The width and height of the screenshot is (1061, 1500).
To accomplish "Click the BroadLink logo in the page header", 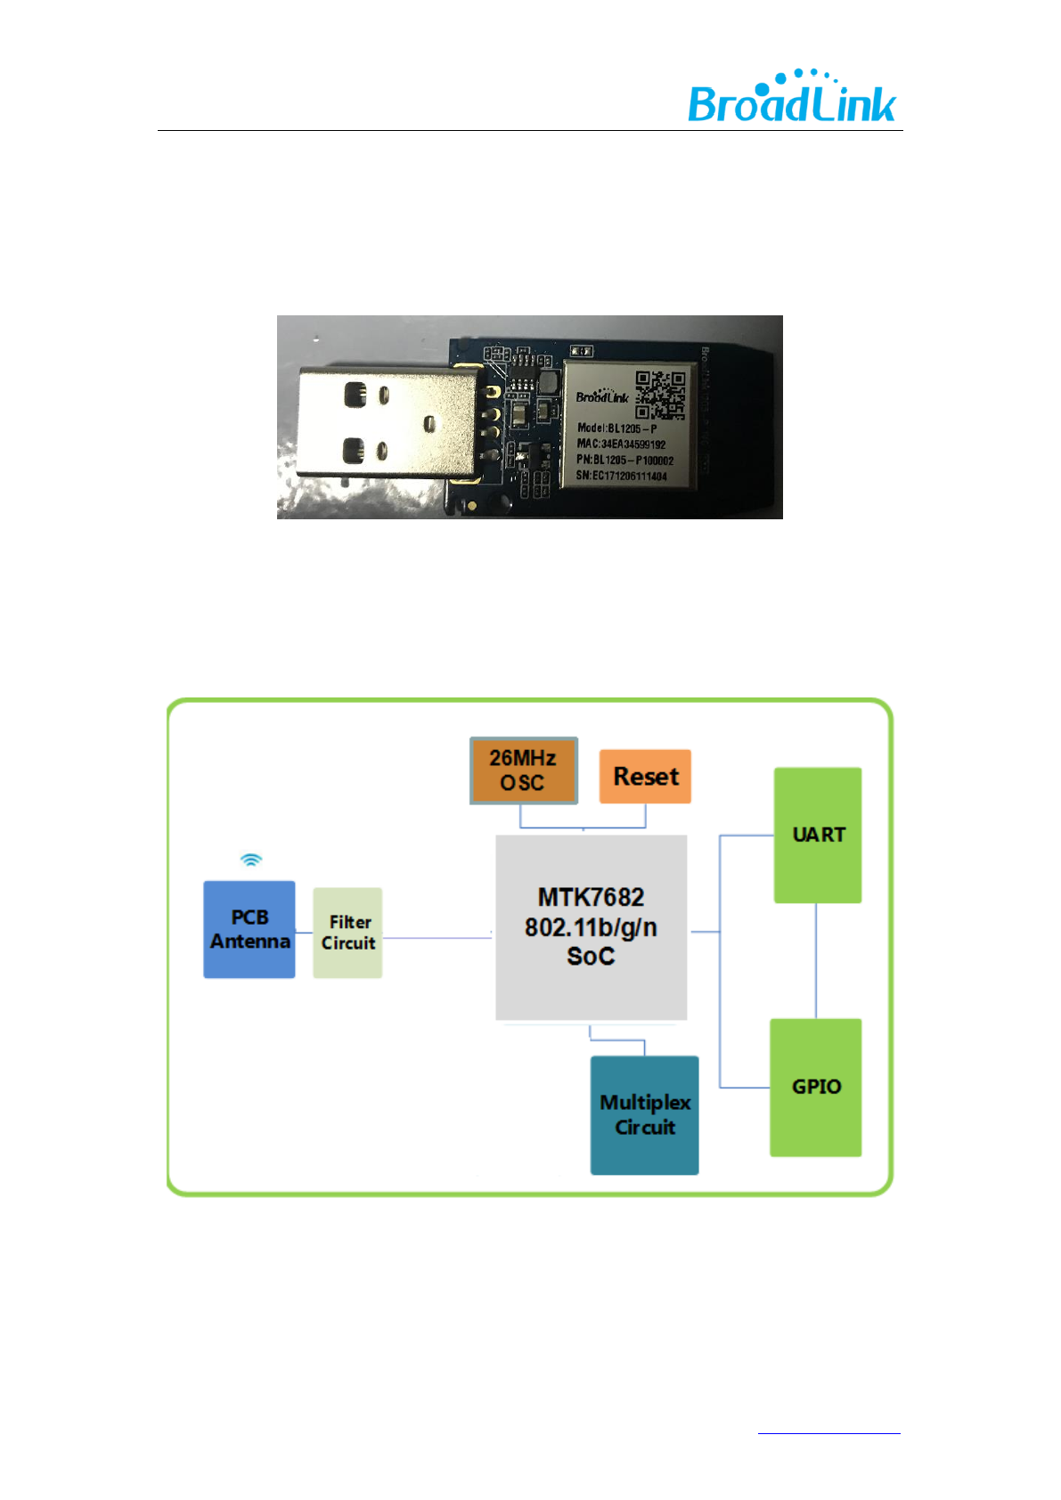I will pyautogui.click(x=791, y=98).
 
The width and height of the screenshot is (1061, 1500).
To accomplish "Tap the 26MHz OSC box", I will pyautogui.click(x=524, y=770).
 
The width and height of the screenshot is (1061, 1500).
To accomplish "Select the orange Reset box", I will pyautogui.click(x=645, y=777).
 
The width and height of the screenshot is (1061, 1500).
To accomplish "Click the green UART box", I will pyautogui.click(x=818, y=836).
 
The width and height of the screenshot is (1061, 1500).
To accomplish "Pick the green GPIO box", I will pyautogui.click(x=816, y=1088).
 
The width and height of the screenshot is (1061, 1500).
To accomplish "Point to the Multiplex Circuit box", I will pyautogui.click(x=644, y=1115).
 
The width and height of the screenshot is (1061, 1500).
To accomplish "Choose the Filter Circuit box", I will pyautogui.click(x=347, y=933).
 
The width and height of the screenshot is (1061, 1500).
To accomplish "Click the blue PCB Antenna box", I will pyautogui.click(x=249, y=929).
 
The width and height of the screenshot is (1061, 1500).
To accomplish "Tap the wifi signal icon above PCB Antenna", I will pyautogui.click(x=251, y=860).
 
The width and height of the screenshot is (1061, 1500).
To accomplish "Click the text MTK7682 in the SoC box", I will pyautogui.click(x=591, y=897).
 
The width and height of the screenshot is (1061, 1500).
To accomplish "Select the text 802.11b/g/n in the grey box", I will pyautogui.click(x=591, y=927).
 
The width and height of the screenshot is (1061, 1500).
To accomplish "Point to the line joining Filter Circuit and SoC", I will pyautogui.click(x=437, y=938).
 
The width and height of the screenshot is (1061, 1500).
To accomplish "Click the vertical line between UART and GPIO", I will pyautogui.click(x=816, y=960).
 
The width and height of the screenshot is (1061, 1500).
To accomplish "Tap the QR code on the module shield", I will pyautogui.click(x=660, y=395).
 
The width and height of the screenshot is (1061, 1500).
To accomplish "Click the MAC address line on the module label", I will pyautogui.click(x=621, y=444).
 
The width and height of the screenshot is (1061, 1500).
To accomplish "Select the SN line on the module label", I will pyautogui.click(x=621, y=476).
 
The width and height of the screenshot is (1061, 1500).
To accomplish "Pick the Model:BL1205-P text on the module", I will pyautogui.click(x=616, y=428).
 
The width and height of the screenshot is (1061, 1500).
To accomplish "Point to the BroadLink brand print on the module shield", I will pyautogui.click(x=601, y=396).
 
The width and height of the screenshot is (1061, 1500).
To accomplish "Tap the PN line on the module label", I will pyautogui.click(x=624, y=460).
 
